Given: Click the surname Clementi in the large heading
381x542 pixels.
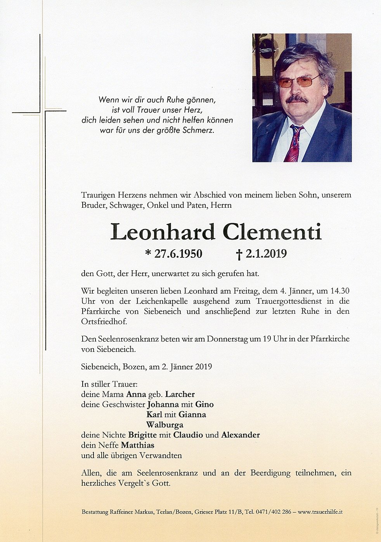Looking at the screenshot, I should point(272,232).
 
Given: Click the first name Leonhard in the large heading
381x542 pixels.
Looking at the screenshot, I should point(163,232).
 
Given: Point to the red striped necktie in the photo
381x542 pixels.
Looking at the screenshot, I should point(294,144).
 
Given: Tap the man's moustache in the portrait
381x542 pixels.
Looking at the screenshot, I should point(297,99).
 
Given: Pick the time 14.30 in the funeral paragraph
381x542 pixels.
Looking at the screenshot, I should point(340,291).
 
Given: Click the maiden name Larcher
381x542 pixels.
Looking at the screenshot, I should point(180,394).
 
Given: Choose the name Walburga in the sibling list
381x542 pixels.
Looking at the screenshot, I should point(165,425).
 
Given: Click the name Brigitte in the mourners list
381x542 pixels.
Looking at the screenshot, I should point(142,435).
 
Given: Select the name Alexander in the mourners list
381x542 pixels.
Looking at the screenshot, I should point(240,435).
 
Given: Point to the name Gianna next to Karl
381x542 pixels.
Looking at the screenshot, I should point(192,415).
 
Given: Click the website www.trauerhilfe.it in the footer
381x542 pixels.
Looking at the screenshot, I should point(320,512).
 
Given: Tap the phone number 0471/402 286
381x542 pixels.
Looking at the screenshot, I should point(273,512).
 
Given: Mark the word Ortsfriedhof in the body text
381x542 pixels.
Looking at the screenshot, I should point(104,321).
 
